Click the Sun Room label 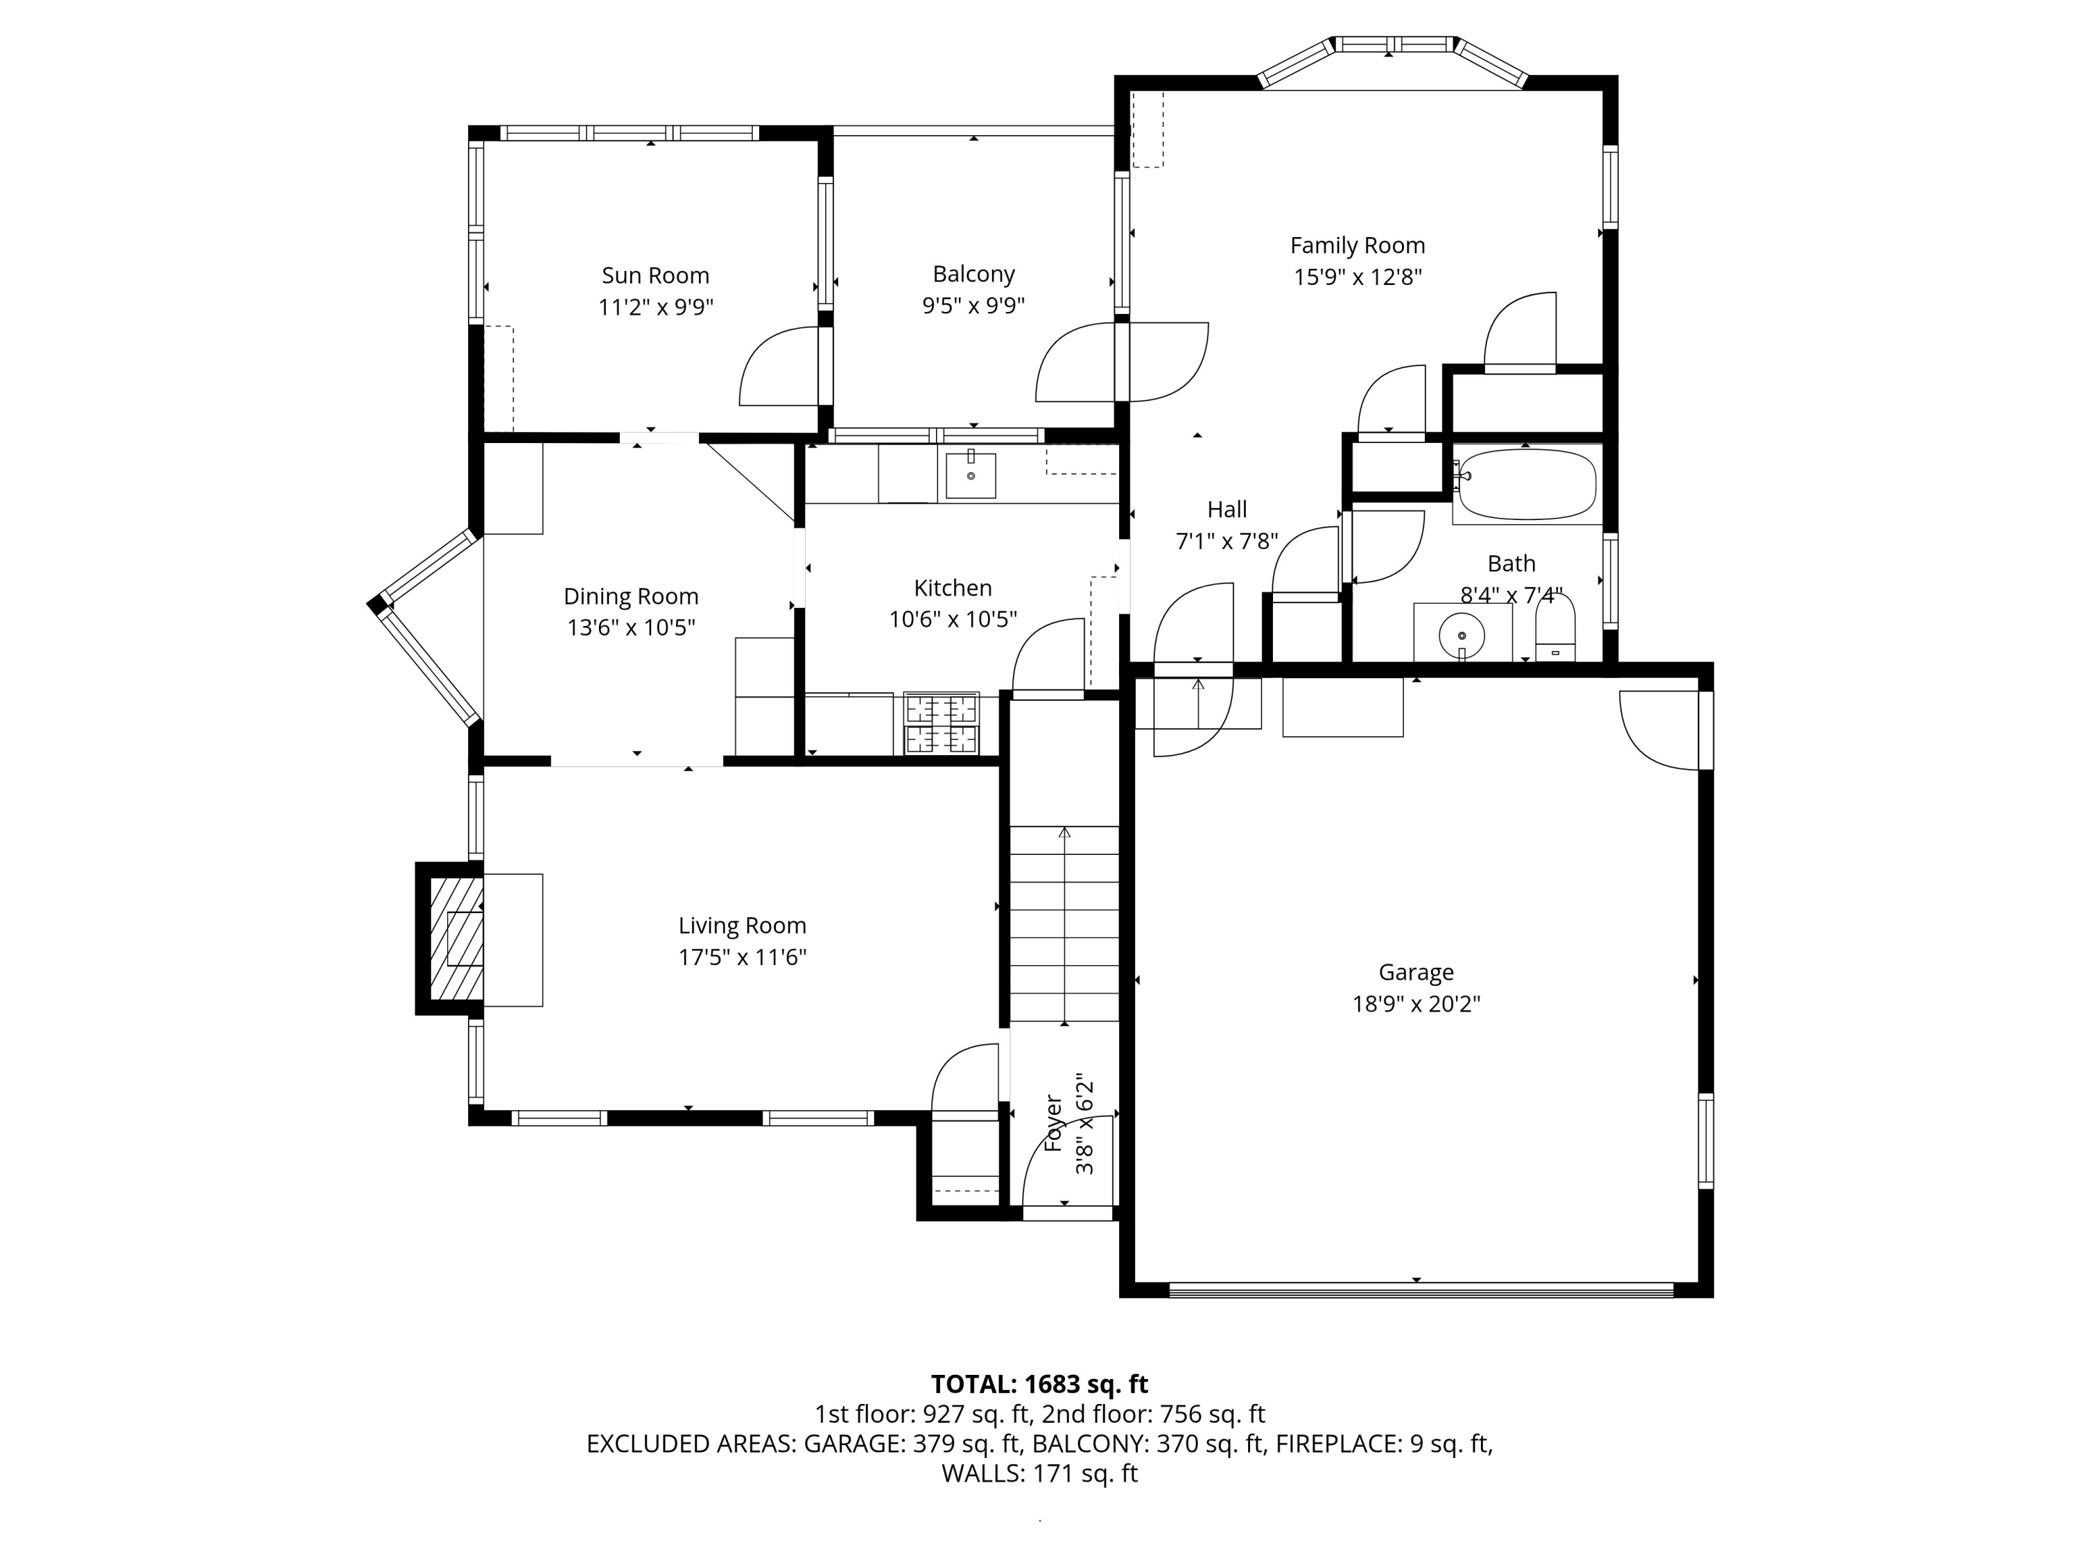click(655, 275)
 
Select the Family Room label click(1357, 245)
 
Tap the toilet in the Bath click(1554, 631)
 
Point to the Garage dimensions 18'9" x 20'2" click(1416, 1004)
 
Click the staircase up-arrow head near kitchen click(1064, 832)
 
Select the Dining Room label click(631, 596)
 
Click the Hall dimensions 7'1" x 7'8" click(1227, 541)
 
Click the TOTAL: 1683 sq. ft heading click(1039, 1384)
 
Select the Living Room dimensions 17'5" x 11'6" click(742, 957)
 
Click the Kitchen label click(953, 588)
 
